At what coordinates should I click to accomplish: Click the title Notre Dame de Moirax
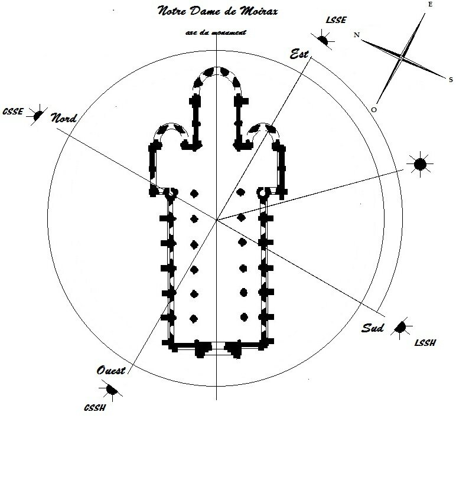(217, 11)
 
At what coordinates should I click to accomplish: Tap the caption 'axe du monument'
(216, 32)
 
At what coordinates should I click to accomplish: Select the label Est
(299, 54)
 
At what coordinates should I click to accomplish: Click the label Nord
(64, 117)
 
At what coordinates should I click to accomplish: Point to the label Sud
(373, 328)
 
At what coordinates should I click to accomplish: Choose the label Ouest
(111, 370)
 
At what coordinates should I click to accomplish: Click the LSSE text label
(336, 20)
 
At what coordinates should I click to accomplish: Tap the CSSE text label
(12, 112)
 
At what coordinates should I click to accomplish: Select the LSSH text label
(425, 342)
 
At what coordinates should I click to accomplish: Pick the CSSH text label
(95, 408)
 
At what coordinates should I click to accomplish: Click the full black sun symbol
(420, 164)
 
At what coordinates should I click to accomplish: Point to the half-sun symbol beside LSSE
(323, 40)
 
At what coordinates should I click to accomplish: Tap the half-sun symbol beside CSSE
(38, 115)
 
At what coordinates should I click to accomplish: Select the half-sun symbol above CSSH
(111, 390)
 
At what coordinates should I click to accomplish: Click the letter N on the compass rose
(357, 35)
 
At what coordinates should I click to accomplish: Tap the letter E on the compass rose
(430, 5)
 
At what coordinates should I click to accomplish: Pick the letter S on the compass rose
(451, 80)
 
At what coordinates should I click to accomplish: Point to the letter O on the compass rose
(374, 110)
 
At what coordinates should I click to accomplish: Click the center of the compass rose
(401, 57)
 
